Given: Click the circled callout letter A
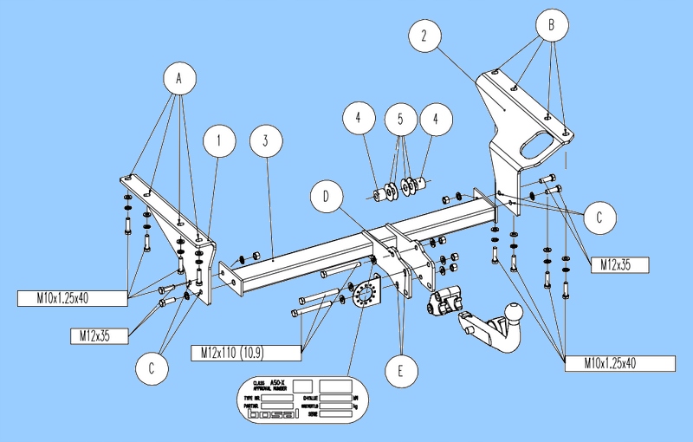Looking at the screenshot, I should click(179, 80).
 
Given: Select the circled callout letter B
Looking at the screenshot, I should click(550, 24).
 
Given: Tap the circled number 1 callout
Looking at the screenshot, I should click(220, 139).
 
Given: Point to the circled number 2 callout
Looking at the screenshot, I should click(424, 36).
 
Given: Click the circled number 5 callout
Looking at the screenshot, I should click(400, 119).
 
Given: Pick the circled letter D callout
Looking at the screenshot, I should click(327, 198).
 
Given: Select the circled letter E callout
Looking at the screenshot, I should click(399, 371).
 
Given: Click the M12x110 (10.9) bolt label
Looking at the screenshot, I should click(245, 352).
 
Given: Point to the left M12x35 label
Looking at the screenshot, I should click(99, 334).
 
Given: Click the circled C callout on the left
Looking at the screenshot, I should click(152, 368).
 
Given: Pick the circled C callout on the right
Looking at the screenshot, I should click(599, 218).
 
